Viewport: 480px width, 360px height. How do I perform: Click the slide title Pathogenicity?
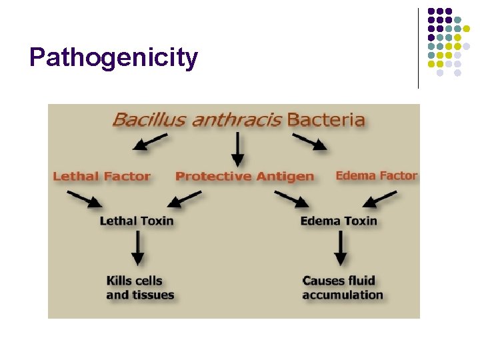click(x=113, y=58)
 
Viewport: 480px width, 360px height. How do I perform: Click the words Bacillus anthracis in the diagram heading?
click(x=197, y=121)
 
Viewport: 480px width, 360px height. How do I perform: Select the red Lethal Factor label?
click(x=101, y=177)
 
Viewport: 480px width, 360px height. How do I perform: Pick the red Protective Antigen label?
click(x=244, y=177)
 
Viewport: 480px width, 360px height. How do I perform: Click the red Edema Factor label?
click(x=376, y=176)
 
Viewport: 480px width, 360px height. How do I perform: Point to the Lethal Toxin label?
click(x=137, y=221)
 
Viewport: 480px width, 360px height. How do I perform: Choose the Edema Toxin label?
click(x=339, y=221)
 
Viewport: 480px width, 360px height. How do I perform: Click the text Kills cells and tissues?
click(x=140, y=288)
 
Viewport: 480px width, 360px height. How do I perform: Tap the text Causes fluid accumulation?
click(x=343, y=288)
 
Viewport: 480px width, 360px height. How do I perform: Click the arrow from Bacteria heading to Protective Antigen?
click(x=237, y=149)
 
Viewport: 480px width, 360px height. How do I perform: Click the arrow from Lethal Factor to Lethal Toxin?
click(x=85, y=199)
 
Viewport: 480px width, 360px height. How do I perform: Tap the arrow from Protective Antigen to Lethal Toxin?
click(x=185, y=199)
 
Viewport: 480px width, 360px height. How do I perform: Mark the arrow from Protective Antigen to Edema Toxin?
click(x=291, y=199)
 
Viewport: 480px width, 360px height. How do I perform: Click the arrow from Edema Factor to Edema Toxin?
click(x=380, y=199)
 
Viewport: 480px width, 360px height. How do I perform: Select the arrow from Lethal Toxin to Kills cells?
click(x=138, y=250)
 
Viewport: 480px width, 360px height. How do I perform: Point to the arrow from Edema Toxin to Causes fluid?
click(x=340, y=250)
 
